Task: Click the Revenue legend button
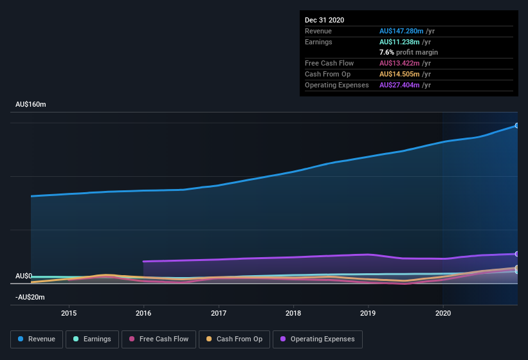point(37,339)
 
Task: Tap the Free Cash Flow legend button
point(159,339)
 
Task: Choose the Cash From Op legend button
point(234,339)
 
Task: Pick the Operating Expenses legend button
point(317,339)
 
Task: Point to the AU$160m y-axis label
point(30,104)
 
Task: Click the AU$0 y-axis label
point(24,276)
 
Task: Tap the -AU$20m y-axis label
point(30,297)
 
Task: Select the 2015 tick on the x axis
point(69,314)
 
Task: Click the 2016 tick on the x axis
point(143,314)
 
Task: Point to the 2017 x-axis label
point(219,314)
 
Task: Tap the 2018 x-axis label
point(293,314)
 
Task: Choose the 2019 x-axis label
point(368,314)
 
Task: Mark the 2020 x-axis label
point(442,314)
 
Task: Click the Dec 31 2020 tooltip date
point(325,20)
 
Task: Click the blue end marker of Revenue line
point(517,125)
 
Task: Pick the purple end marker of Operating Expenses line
point(517,254)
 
